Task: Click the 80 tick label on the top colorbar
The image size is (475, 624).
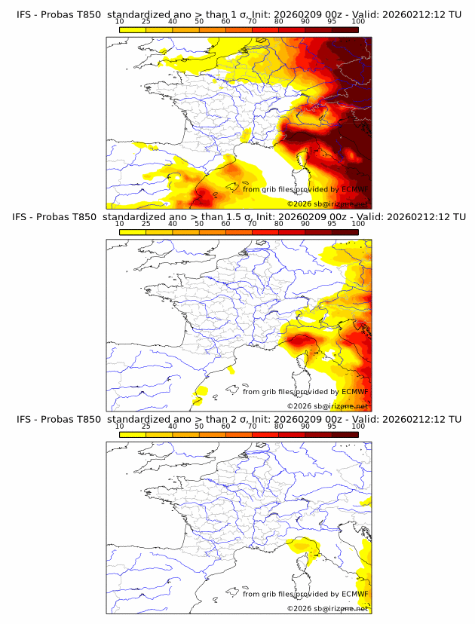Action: (x=279, y=22)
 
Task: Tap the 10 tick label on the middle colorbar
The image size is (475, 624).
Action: (x=120, y=224)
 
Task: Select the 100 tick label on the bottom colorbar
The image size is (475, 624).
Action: (x=358, y=426)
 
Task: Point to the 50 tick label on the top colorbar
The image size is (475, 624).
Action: (x=199, y=22)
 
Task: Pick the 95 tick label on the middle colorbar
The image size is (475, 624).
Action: (x=332, y=224)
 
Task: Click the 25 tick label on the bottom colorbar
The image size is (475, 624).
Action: (x=146, y=426)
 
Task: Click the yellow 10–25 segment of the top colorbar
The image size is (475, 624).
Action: (x=133, y=29)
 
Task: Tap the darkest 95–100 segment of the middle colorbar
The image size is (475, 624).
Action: (x=345, y=231)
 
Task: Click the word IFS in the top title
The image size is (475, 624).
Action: (x=24, y=14)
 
